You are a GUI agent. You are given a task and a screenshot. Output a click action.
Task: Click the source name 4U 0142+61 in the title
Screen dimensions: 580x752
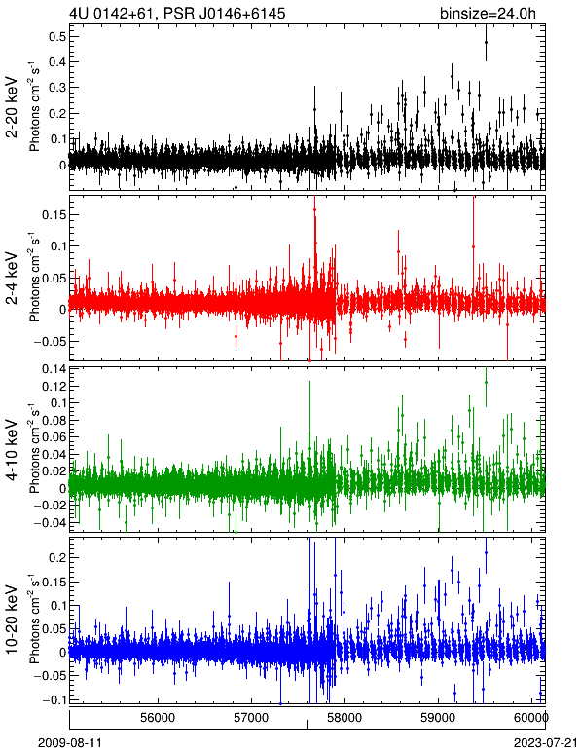coord(113,13)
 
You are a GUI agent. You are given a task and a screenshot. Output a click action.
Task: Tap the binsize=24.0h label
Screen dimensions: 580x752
coord(488,13)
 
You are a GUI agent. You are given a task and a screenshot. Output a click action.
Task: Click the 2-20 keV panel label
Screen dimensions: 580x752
coord(12,107)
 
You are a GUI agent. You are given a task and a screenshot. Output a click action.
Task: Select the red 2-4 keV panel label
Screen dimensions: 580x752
coord(12,279)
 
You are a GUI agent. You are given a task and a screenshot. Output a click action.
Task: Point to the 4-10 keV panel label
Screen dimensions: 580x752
coord(12,449)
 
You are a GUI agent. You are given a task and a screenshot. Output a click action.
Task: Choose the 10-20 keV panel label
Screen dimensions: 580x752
coord(12,620)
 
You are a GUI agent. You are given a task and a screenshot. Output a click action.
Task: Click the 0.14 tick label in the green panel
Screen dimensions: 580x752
coord(54,369)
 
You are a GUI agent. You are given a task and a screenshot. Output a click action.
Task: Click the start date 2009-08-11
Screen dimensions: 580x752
coord(70,743)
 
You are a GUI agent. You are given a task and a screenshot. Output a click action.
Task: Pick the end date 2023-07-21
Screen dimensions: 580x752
coord(546,743)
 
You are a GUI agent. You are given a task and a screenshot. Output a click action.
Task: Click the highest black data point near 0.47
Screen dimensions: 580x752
coord(486,42)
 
